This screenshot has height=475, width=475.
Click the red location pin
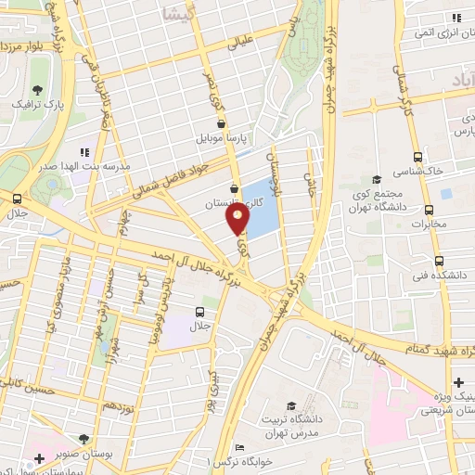[237, 218]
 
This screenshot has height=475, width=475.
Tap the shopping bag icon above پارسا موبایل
[221, 122]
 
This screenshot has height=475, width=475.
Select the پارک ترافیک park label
[38, 107]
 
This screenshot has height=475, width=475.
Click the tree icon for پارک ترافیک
[38, 90]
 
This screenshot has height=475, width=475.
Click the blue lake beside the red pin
[263, 209]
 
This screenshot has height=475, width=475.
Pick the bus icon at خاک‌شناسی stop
[417, 158]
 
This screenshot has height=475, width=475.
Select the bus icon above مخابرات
[428, 210]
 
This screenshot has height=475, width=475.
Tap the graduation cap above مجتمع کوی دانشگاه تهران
[376, 180]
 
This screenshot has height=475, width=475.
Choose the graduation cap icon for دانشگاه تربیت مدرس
[291, 406]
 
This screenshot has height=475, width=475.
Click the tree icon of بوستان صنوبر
[84, 439]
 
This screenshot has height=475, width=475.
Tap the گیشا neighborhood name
[174, 13]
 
